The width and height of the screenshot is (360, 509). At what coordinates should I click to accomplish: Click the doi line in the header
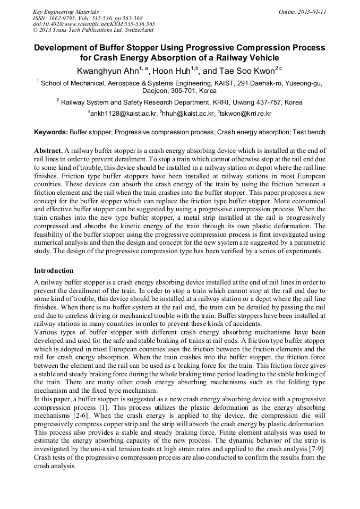[x=93, y=24]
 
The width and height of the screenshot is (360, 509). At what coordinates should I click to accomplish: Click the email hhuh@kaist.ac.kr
[x=190, y=114]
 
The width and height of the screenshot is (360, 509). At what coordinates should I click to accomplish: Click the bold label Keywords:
[x=50, y=132]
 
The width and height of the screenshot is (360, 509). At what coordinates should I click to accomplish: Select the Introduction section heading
[x=54, y=271]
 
